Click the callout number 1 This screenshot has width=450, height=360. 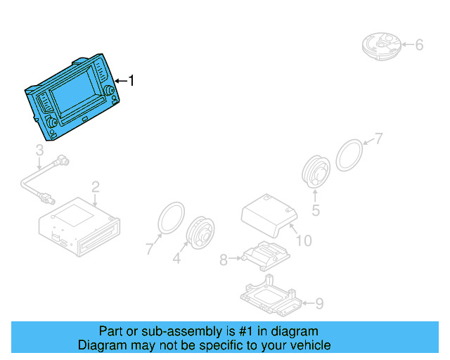click(x=130, y=81)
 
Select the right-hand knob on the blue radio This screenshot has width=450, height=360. click(x=109, y=94)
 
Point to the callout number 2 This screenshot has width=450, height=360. click(x=95, y=186)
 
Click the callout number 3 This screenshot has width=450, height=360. click(x=39, y=150)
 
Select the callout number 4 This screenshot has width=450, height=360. click(x=176, y=259)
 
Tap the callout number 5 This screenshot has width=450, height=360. click(x=316, y=210)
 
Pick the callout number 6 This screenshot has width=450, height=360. click(x=419, y=45)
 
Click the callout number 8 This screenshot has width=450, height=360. click(x=224, y=260)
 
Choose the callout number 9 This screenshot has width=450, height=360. click(x=319, y=304)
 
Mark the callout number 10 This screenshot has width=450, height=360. click(x=303, y=241)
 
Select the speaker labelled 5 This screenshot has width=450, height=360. click(x=314, y=172)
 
